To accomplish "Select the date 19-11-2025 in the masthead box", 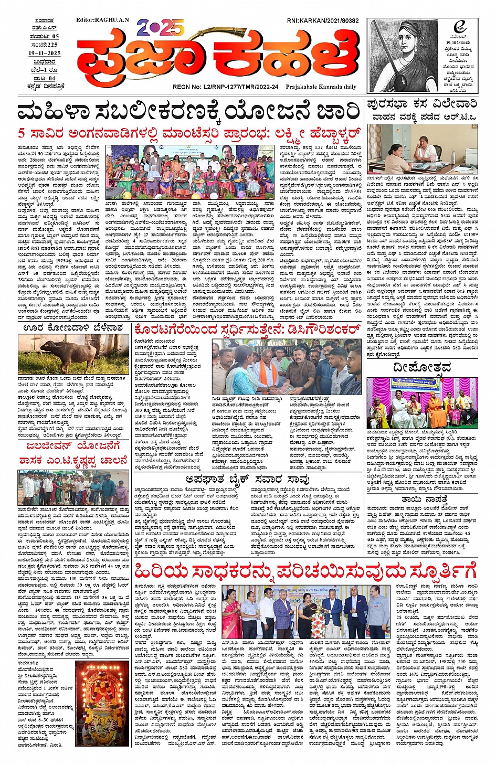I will point(45,53).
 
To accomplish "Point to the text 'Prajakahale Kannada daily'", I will point(321,87).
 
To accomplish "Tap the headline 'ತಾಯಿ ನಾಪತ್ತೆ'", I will point(424,500).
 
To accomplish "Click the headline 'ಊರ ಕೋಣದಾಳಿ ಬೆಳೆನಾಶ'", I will point(73,328).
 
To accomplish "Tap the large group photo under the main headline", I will point(190,172).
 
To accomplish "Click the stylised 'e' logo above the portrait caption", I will point(460,27).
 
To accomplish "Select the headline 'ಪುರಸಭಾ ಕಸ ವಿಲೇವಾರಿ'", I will point(422,104).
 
